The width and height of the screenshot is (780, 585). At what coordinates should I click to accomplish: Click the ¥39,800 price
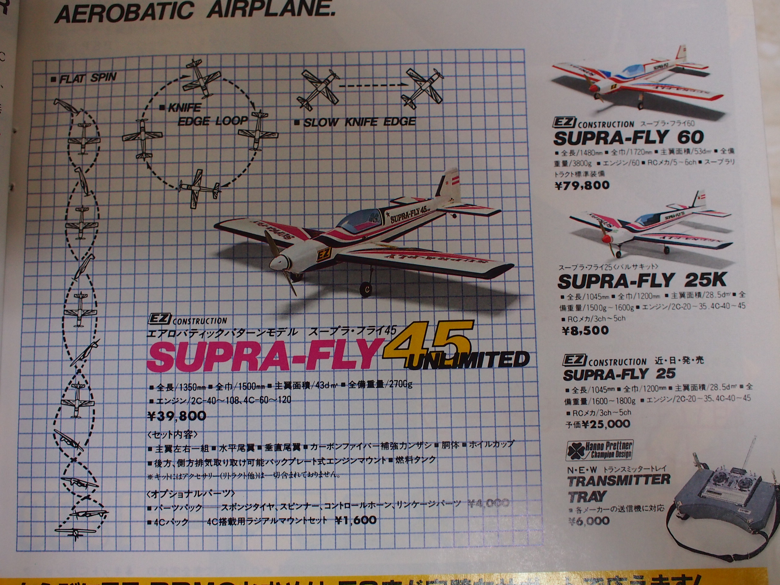pyautogui.click(x=177, y=416)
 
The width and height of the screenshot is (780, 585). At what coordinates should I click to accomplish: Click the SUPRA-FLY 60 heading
pyautogui.click(x=628, y=137)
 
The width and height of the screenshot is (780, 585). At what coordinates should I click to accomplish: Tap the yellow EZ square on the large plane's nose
pyautogui.click(x=322, y=255)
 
